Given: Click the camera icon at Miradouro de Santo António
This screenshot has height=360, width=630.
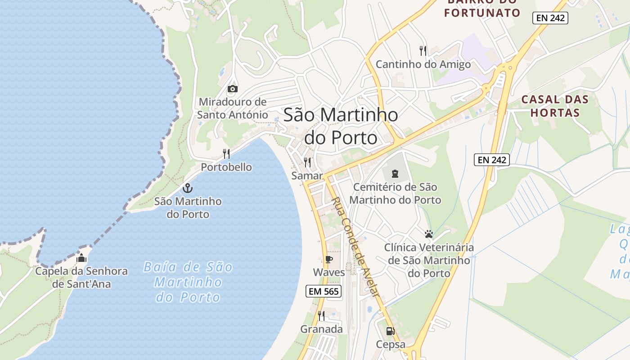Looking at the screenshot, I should click(232, 89).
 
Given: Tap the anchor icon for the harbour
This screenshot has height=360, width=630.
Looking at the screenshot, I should click(188, 188).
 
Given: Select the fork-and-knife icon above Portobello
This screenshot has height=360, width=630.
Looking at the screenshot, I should click(226, 154).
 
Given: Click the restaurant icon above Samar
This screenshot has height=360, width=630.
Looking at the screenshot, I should click(307, 162).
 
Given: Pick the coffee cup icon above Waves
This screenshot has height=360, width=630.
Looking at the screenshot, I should click(328, 259).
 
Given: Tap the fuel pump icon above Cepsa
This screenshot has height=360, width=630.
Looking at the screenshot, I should click(390, 331).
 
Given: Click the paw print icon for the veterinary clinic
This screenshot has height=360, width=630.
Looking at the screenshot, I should click(428, 234).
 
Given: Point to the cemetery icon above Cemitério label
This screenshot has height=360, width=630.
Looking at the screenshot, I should click(395, 173).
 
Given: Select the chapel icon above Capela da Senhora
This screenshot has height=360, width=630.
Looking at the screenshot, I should click(81, 258).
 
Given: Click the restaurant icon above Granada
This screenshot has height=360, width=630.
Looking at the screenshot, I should click(321, 315).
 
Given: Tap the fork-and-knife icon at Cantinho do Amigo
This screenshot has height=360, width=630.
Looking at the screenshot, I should click(423, 50).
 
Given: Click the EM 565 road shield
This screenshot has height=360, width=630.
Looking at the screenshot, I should click(323, 291).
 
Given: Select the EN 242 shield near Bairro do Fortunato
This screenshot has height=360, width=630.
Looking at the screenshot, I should click(550, 18).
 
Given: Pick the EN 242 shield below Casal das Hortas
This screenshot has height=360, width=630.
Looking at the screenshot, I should click(491, 159).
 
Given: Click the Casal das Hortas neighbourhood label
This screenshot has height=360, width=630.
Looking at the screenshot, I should click(555, 106).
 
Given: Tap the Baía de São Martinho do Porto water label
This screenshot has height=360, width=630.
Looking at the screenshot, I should click(188, 282).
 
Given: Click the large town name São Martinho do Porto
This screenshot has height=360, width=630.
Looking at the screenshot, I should click(341, 126).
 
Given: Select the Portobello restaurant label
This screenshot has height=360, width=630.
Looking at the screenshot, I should click(226, 167).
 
